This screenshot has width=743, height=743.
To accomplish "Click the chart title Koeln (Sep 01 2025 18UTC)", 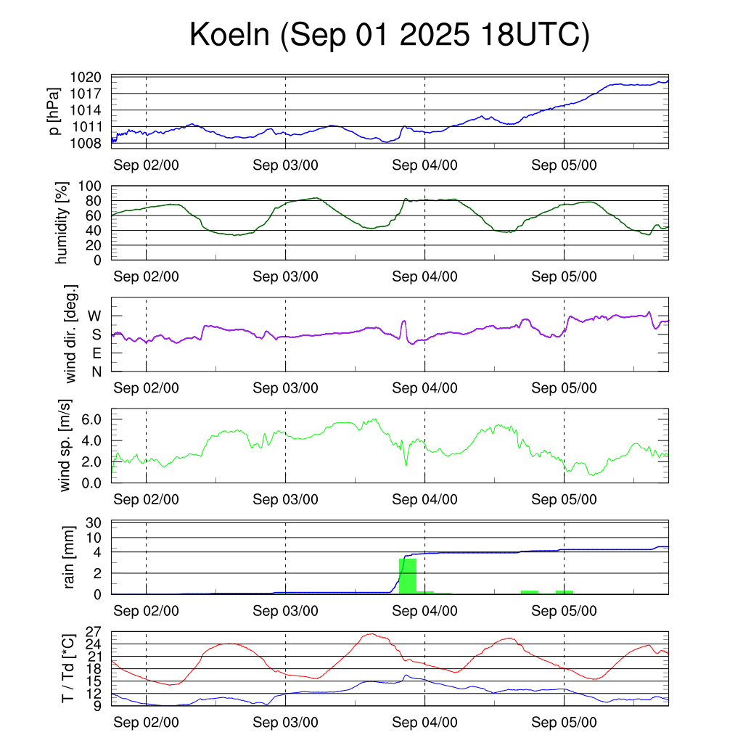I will tap(389, 36).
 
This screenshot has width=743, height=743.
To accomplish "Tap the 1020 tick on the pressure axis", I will tap(90, 77).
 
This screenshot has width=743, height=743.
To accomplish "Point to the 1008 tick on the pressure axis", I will tap(90, 143).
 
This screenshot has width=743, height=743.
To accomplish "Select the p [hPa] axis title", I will tap(54, 110).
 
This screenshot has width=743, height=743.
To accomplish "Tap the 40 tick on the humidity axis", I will tap(97, 231).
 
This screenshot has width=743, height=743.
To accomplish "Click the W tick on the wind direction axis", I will tap(95, 316).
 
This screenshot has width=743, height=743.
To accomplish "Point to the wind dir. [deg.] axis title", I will tap(71, 334).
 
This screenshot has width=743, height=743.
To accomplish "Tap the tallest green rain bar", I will tap(408, 575).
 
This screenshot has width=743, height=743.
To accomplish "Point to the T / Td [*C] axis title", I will tap(67, 668).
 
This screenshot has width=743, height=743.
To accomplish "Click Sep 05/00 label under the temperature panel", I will tap(564, 723).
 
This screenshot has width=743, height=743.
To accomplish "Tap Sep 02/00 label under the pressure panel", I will tap(146, 165).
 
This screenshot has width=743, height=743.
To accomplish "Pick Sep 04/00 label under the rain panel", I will tap(424, 611).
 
